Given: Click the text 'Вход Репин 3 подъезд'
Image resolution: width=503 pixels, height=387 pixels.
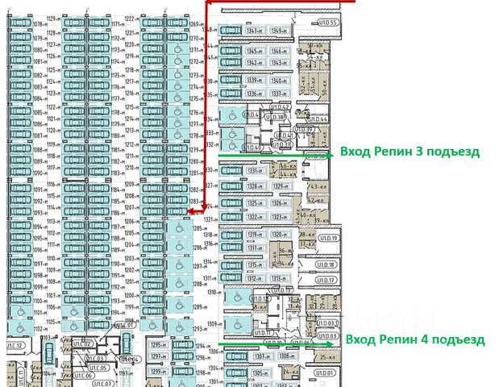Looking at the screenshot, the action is click(409, 151).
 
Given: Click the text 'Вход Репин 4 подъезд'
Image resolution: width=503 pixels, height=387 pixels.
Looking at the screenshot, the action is click(415, 339).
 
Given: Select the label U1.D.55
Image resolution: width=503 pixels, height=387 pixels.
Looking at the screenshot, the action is click(327, 23).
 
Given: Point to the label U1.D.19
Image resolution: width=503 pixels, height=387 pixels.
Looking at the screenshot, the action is click(327, 239).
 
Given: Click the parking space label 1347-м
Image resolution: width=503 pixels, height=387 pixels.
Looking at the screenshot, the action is click(255, 31).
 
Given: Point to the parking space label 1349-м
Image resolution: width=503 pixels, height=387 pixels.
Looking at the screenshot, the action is click(279, 31).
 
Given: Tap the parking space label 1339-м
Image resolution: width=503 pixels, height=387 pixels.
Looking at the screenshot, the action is click(256, 80).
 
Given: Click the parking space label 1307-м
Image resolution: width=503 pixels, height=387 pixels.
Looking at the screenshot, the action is click(261, 356).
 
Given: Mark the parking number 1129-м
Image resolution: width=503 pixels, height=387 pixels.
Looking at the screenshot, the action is click(55, 18).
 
